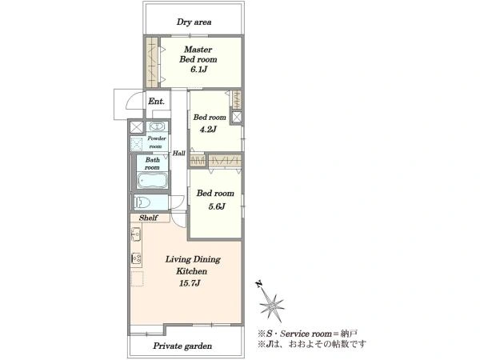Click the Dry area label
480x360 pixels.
coord(194,22)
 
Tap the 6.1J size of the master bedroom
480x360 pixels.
coord(198,70)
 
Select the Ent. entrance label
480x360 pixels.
coord(156,101)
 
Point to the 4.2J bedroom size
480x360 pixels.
coord(208,130)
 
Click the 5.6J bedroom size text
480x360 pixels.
coord(217,206)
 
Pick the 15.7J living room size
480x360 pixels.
coord(190,283)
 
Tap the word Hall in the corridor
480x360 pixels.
coord(178,153)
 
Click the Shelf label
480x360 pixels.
coord(149,218)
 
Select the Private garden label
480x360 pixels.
coord(182,346)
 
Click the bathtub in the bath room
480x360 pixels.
coord(152,181)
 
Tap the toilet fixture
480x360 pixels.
coord(142,202)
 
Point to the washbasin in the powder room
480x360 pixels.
coord(157,126)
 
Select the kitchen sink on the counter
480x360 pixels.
coord(136,234)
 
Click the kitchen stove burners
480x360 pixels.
coord(136,259)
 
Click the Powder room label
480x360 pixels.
coord(157,142)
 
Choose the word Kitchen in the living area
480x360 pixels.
coord(192,271)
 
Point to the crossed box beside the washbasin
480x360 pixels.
coord(136,127)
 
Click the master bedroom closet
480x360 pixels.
coord(152,62)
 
